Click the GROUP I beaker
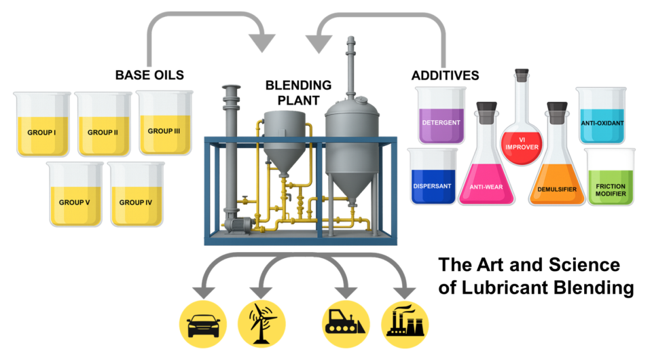(x=42, y=124)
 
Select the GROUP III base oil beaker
(x=164, y=123)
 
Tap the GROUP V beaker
(x=75, y=194)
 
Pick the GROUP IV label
(x=136, y=202)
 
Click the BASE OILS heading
(x=149, y=75)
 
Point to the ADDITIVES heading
(x=446, y=75)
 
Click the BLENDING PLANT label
(x=299, y=92)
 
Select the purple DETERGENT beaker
(x=441, y=115)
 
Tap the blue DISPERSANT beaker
(x=433, y=176)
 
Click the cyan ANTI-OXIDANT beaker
(x=601, y=115)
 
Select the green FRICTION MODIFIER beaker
(x=610, y=177)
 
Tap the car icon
(x=203, y=324)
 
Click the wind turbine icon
(x=261, y=324)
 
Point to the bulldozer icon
(x=346, y=324)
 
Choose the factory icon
(x=405, y=324)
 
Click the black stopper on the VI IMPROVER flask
(x=522, y=75)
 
